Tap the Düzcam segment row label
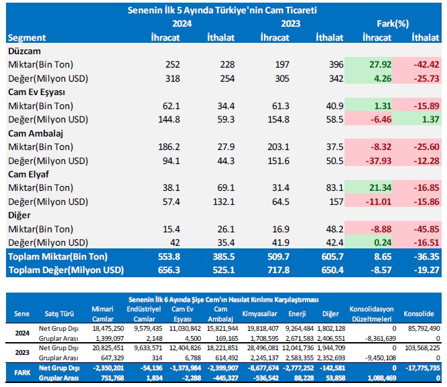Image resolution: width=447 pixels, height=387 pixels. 24,51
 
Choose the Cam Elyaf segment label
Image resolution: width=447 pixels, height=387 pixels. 27,174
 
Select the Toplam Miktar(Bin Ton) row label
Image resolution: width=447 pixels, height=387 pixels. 59,256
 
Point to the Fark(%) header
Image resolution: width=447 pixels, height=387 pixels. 395,23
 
